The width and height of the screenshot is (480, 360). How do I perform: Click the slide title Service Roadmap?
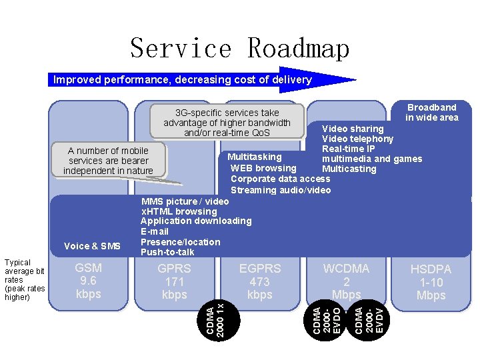[x=239, y=49]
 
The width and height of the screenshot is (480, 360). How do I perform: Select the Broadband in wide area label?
[x=432, y=112]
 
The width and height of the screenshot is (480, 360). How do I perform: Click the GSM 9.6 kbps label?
[x=89, y=281]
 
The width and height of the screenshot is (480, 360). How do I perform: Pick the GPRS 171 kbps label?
[x=174, y=281]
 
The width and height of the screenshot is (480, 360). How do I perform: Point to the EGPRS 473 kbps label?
[x=260, y=281]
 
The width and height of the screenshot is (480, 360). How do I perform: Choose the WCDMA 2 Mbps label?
[x=346, y=281]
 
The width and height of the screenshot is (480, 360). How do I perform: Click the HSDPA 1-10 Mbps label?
[x=431, y=282]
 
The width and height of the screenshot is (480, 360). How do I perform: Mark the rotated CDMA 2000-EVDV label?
[x=369, y=319]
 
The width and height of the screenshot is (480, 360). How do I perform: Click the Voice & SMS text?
[x=92, y=246]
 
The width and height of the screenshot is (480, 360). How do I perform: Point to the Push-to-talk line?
[x=168, y=252]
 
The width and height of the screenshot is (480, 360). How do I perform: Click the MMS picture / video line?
[x=185, y=201]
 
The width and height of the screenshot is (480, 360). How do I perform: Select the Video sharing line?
[x=353, y=129]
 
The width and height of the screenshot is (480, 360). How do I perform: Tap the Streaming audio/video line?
[x=281, y=190]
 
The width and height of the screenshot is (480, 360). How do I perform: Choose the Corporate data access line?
[x=280, y=179]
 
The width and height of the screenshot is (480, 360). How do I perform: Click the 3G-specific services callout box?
[x=227, y=123]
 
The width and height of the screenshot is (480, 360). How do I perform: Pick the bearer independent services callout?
[x=108, y=161]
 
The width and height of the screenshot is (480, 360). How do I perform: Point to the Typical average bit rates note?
[x=25, y=280]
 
